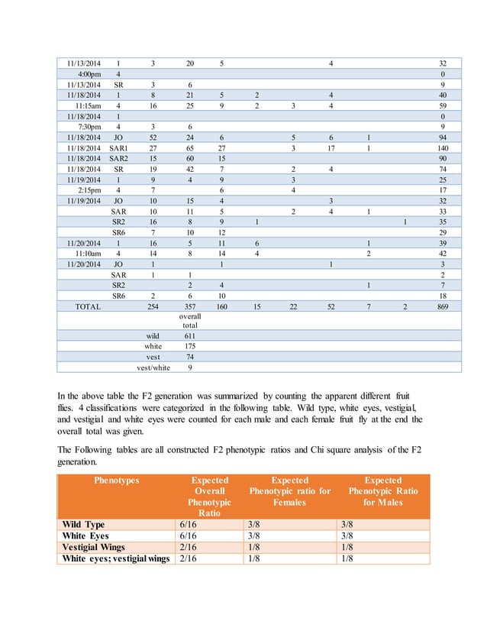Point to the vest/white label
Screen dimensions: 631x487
coord(153,367)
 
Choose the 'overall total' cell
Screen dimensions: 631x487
coord(189,321)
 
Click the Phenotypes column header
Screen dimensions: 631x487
coord(117,481)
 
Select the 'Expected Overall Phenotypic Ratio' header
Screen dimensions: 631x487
coord(210,497)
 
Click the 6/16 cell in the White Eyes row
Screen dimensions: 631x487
coord(187,536)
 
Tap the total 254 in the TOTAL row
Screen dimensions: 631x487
coord(153,307)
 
